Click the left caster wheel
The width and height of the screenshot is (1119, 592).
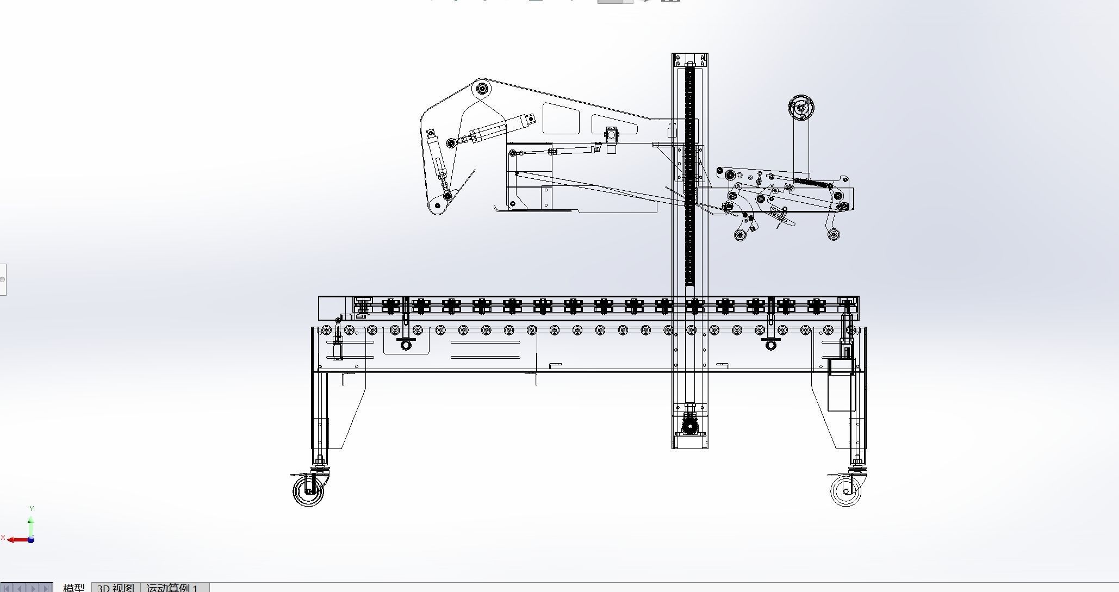(308, 490)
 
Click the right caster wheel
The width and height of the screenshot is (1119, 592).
(846, 490)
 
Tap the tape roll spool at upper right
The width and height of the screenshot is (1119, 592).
(801, 109)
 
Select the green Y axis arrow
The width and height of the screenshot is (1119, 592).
(32, 524)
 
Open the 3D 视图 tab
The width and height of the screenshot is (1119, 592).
(115, 588)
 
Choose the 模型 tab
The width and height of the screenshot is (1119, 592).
(73, 588)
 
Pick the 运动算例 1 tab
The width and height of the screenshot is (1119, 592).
(172, 588)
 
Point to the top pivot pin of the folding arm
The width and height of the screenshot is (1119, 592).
(481, 88)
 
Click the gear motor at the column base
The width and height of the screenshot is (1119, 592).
(689, 425)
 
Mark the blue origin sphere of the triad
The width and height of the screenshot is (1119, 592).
(32, 539)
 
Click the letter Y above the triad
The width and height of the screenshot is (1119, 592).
(32, 509)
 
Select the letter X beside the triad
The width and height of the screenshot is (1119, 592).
(3, 538)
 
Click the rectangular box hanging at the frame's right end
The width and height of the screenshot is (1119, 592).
(841, 384)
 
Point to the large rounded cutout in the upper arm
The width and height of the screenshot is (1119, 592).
(560, 119)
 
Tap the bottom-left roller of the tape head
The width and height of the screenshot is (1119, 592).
(740, 234)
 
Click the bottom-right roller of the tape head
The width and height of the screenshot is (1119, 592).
(834, 234)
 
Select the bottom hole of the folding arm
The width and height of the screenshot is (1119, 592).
(437, 205)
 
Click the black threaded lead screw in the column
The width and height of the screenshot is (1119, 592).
(691, 174)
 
